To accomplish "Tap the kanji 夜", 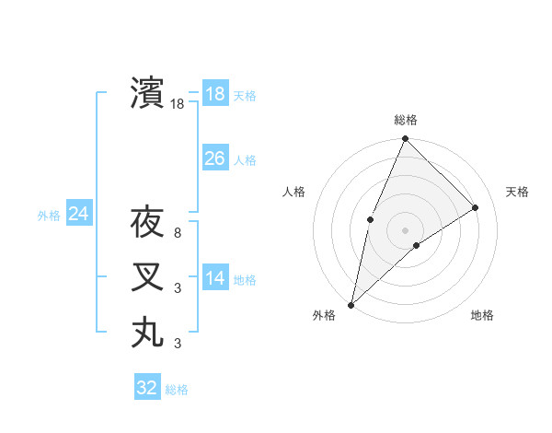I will point(147,224).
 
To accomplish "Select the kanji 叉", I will point(147,277).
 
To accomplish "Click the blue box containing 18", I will point(214,93).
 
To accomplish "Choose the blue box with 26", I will point(214,158).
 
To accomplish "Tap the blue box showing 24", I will point(78,214).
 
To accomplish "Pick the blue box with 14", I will point(214,278).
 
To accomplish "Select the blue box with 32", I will point(146,388).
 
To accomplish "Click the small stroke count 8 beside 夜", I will point(178,234).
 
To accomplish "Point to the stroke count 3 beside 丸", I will point(178,344).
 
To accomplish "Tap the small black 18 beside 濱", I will point(178,105).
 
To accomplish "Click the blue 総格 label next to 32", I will point(177,390).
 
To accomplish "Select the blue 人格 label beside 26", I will point(245,160).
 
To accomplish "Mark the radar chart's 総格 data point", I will point(405,139).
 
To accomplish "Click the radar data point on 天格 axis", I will point(476,207).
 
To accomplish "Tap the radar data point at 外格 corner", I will point(351,305).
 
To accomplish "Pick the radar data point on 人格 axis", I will point(370,219).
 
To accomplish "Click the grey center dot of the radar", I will point(405,229).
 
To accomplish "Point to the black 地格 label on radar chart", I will point(482,316).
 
